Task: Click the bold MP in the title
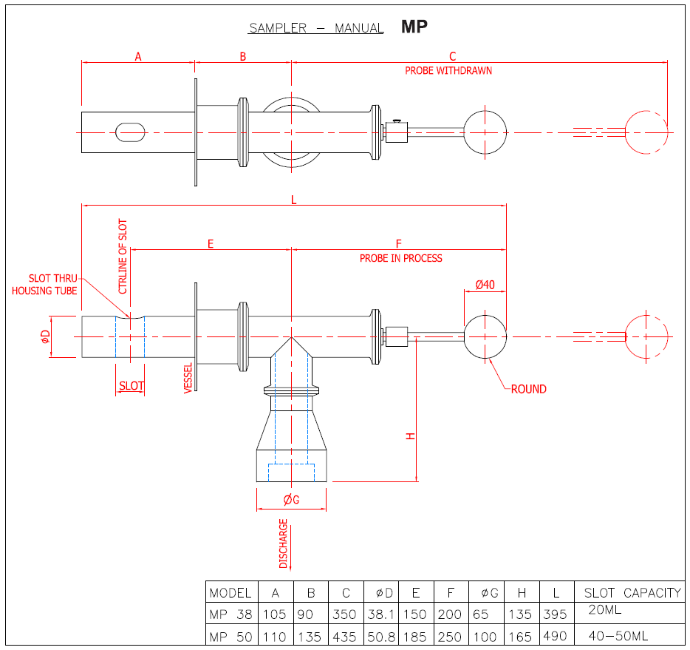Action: click(x=414, y=27)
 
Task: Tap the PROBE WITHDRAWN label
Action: click(x=448, y=71)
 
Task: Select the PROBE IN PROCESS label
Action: click(x=401, y=258)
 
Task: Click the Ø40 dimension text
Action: click(x=485, y=285)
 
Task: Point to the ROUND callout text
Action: click(x=529, y=389)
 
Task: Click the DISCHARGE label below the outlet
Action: click(x=283, y=544)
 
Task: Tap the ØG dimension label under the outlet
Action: click(x=291, y=500)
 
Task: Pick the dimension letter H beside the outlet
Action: click(x=411, y=436)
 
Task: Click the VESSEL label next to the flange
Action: click(x=188, y=378)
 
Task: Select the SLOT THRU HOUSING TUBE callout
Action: click(x=44, y=285)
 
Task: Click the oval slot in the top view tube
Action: click(x=130, y=132)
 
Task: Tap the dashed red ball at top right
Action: click(x=646, y=132)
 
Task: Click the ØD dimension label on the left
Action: click(x=45, y=337)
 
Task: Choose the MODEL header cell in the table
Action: click(x=230, y=592)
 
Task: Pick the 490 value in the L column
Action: click(x=555, y=637)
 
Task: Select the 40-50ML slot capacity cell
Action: click(x=618, y=636)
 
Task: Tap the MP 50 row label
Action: click(x=230, y=637)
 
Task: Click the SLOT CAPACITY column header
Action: click(x=632, y=592)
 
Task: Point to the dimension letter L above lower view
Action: click(x=294, y=200)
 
